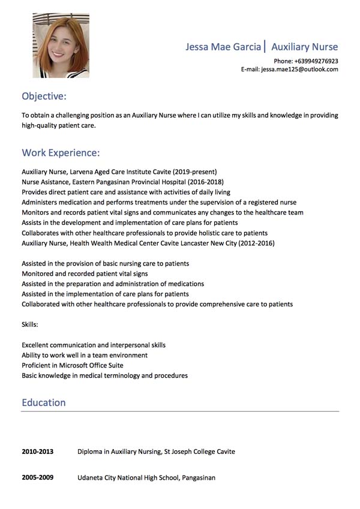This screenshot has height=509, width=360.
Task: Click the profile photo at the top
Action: point(61,46)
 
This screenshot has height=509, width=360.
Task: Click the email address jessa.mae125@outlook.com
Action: point(299,70)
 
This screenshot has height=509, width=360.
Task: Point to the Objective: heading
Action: point(44,96)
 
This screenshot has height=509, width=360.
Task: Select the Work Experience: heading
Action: point(61,153)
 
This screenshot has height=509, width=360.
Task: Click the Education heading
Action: point(44,402)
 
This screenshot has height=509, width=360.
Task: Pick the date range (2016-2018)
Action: point(205,182)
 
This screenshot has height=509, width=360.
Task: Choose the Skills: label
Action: point(30,324)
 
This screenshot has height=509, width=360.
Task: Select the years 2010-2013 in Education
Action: point(38,451)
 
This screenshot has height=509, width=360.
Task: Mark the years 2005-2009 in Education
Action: point(38,478)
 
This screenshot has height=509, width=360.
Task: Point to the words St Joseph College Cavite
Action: point(200,451)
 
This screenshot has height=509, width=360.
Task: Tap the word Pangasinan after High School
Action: point(196,478)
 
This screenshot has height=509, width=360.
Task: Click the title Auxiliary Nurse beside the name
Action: point(304,47)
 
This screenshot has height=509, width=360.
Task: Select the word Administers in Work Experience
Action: point(40,203)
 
